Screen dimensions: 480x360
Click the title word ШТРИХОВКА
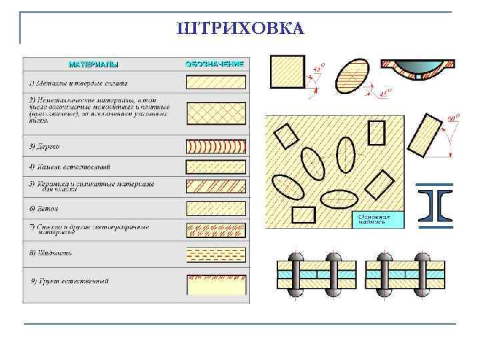[240, 29]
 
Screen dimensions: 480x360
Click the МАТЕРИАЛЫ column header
[93, 65]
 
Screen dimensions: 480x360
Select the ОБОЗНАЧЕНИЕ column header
[214, 64]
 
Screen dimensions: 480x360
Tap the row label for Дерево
[45, 146]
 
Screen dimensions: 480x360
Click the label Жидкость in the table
[51, 253]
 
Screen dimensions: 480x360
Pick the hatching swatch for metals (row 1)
[215, 83]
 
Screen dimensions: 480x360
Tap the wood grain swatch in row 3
[215, 146]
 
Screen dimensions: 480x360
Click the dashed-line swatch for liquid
[215, 254]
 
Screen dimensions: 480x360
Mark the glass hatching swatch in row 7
[215, 230]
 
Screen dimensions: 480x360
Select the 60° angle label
[454, 119]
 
